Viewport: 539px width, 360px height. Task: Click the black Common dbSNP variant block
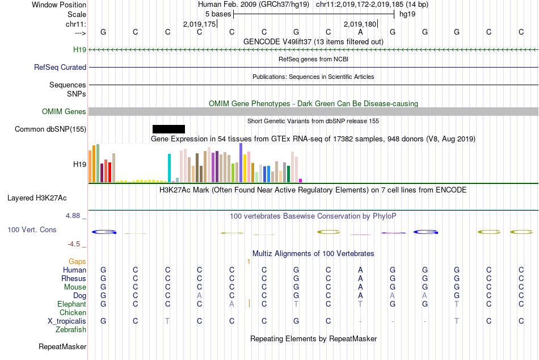tap(169, 129)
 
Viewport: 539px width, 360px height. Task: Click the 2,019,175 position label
tap(200, 24)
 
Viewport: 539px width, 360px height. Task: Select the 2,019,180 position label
tap(360, 24)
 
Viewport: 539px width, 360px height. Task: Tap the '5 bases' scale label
tap(218, 14)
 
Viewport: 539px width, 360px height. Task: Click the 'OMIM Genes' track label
tap(64, 112)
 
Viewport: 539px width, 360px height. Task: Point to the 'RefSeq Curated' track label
tap(60, 67)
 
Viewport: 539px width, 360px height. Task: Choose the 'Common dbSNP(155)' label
tap(50, 129)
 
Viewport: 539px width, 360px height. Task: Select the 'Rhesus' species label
tap(74, 279)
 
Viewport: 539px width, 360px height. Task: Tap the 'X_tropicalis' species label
tap(67, 321)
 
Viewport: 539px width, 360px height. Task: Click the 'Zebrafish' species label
tap(71, 330)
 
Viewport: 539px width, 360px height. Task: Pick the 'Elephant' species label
tap(71, 304)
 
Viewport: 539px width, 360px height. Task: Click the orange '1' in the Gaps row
tap(249, 261)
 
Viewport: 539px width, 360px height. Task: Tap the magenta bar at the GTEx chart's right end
tap(301, 181)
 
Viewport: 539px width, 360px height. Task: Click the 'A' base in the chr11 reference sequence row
tap(360, 32)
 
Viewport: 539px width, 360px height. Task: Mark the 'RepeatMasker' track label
tap(62, 346)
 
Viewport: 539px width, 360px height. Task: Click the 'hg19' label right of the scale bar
tap(407, 14)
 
